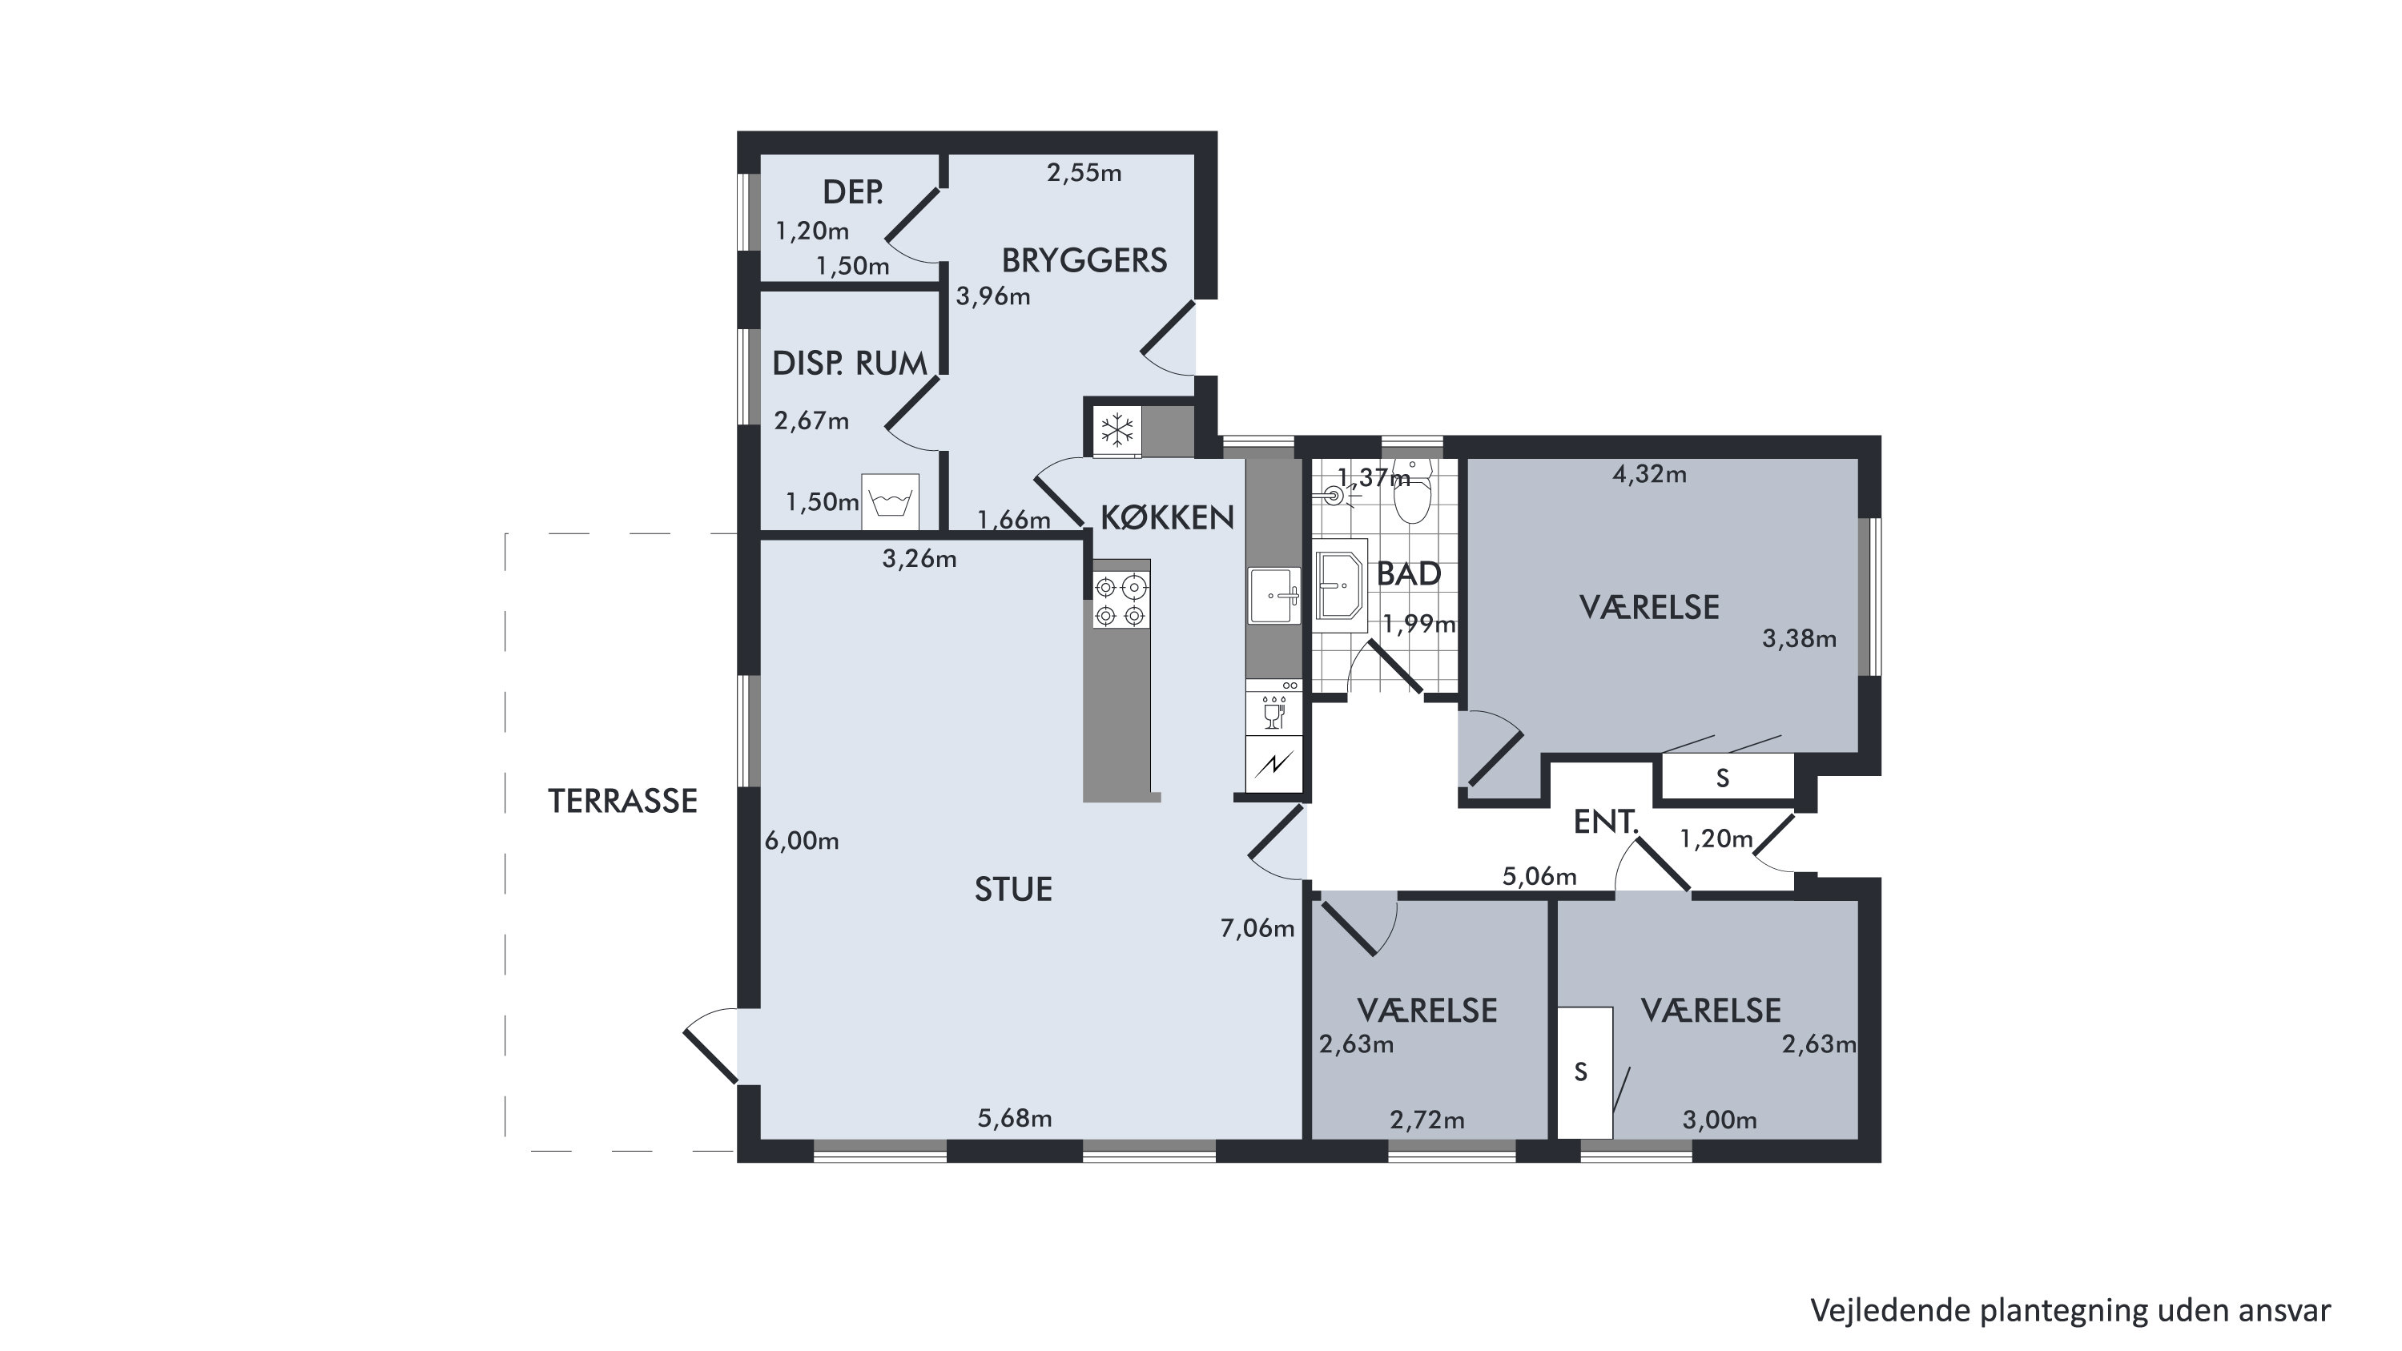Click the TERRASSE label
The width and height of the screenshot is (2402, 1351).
[x=622, y=801]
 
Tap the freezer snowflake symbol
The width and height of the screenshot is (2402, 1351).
[x=1117, y=430]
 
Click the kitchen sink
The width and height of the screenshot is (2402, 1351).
[x=1274, y=595]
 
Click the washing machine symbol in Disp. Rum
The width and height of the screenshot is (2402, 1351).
[x=890, y=501]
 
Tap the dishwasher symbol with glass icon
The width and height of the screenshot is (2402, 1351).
[x=1273, y=711]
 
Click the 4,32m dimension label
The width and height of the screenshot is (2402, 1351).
[x=1649, y=475]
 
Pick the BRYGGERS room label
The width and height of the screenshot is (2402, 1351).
[x=1084, y=260]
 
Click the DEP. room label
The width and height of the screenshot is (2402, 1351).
[x=852, y=192]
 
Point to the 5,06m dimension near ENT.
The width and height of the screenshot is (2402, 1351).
[x=1539, y=876]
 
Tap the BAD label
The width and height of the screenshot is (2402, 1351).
[x=1409, y=574]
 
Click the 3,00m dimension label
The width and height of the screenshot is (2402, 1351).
[x=1720, y=1120]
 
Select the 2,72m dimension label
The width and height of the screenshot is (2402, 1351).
[x=1426, y=1120]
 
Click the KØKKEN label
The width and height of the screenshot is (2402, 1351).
[x=1168, y=517]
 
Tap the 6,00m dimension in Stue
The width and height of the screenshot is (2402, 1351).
[x=802, y=841]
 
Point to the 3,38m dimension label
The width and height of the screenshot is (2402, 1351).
[x=1799, y=639]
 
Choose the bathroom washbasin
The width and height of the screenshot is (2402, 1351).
[x=1341, y=585]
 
